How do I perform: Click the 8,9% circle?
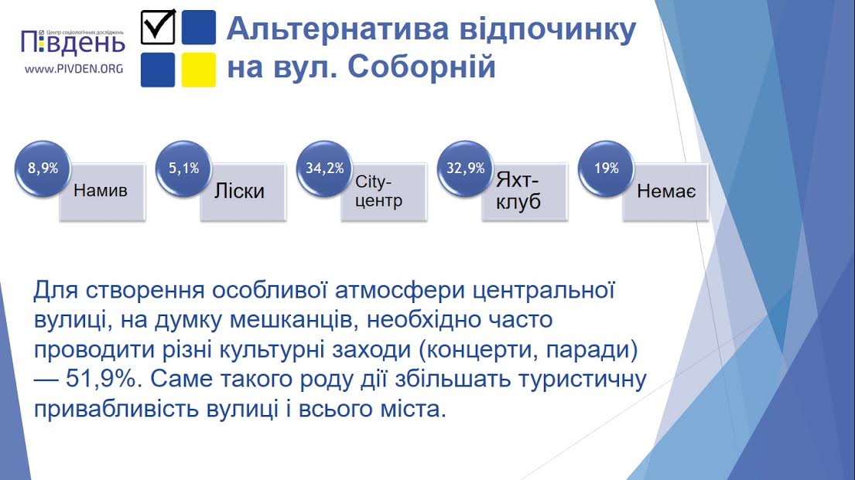(x=43, y=169)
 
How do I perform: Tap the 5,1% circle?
(x=183, y=169)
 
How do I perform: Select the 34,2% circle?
(x=324, y=169)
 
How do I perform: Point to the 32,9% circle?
(x=466, y=169)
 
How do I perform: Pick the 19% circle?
(x=607, y=169)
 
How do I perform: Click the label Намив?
(x=101, y=191)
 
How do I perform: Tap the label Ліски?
(x=239, y=191)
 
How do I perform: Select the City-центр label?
(x=379, y=191)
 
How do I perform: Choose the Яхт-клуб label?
(x=518, y=191)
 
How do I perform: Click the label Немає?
(x=666, y=191)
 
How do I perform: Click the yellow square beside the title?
(x=199, y=70)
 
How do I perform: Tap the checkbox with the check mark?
(x=158, y=27)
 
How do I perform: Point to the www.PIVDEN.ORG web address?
(x=74, y=70)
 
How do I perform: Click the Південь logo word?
(x=73, y=43)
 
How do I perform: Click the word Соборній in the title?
(x=422, y=66)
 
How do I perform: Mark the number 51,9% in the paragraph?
(x=104, y=379)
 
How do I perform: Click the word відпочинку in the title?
(x=548, y=30)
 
